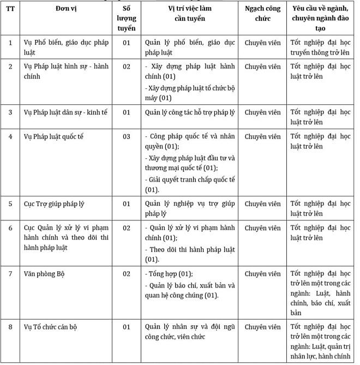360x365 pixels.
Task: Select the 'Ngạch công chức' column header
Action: point(262,14)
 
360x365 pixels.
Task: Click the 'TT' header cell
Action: point(10,9)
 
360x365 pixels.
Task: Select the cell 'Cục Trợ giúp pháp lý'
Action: point(53,204)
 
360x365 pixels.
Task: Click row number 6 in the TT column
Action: point(10,228)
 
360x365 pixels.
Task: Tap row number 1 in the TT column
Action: point(10,43)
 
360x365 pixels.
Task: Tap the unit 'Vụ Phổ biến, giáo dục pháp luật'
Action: point(68,48)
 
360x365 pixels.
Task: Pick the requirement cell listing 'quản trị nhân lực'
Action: point(320,342)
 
